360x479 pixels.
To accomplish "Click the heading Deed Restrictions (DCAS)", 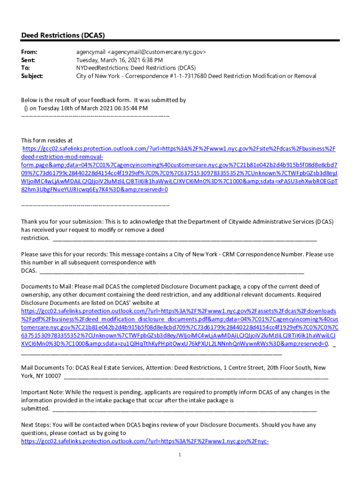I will pos(63,36).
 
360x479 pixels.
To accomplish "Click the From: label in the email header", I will pos(29,52).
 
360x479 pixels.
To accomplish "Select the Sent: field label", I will pos(29,60).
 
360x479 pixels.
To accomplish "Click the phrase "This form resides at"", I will pos(47,140).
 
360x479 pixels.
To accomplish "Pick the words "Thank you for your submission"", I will pos(61,222).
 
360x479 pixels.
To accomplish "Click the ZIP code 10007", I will pos(53,376).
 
